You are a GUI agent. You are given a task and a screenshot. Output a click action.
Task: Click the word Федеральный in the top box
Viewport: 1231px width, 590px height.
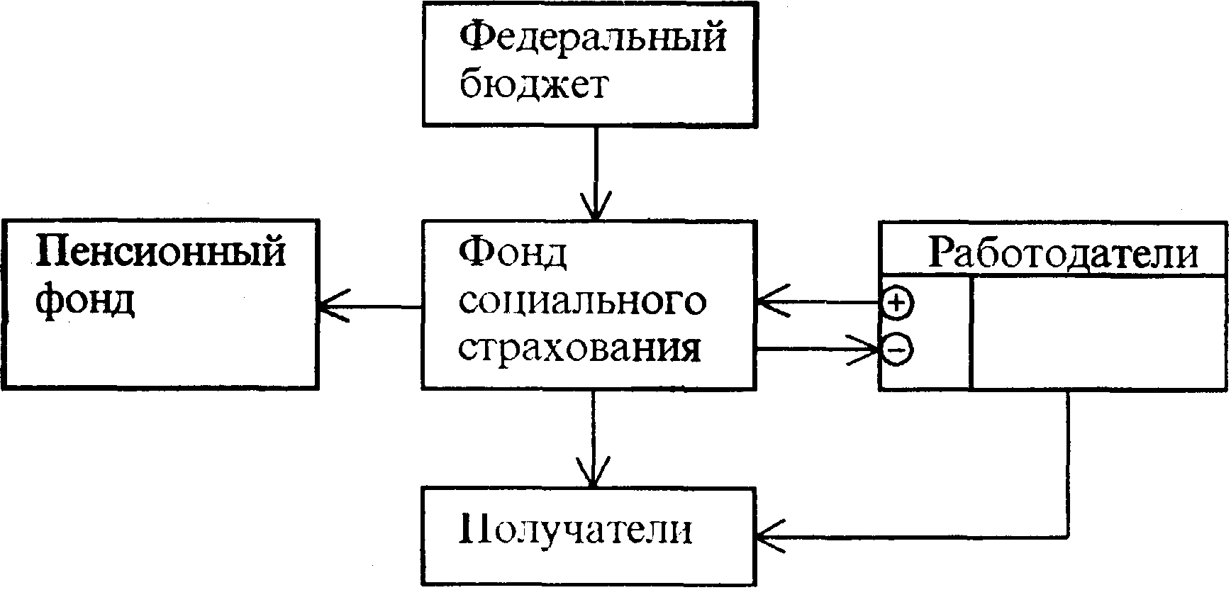593,38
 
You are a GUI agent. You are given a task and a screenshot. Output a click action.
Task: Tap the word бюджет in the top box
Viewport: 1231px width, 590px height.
533,85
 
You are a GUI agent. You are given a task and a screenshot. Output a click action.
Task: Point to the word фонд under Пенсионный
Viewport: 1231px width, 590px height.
85,301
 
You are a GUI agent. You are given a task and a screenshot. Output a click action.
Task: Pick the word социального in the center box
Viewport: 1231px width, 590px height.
582,301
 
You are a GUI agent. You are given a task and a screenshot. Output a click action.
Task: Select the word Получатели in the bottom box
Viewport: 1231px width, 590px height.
575,530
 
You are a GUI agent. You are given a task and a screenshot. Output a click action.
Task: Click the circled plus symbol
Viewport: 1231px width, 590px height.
897,304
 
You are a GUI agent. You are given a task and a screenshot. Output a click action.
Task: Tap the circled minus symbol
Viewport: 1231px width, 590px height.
897,349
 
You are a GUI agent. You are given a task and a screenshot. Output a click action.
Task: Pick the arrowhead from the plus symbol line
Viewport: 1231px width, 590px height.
769,304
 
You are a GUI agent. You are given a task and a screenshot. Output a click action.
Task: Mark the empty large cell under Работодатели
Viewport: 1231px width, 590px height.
1098,332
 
